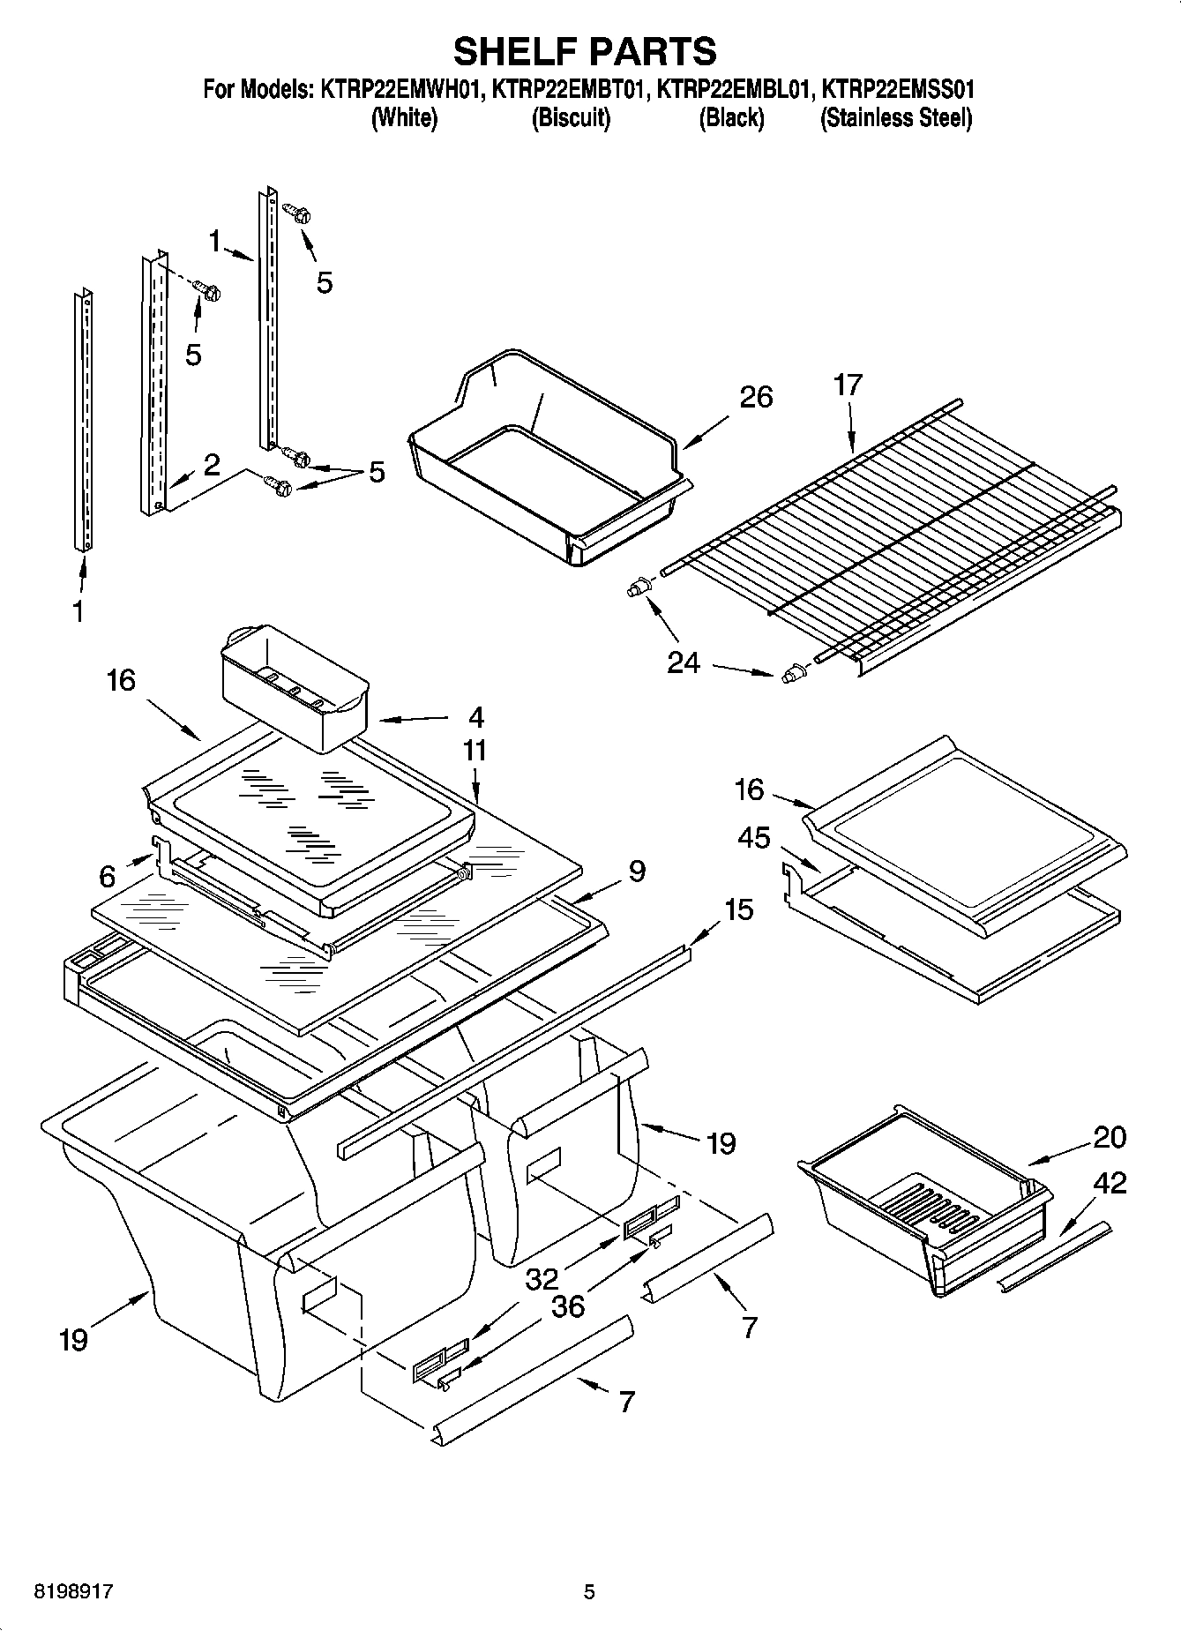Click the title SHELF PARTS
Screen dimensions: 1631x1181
[585, 51]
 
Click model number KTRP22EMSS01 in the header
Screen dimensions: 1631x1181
[897, 89]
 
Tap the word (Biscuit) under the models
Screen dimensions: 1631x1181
[571, 118]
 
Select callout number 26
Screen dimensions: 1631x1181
[756, 397]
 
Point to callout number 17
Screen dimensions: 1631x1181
[848, 385]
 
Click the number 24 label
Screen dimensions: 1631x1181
[683, 661]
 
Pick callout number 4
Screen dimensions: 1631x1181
[476, 716]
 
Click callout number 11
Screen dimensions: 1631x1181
[475, 751]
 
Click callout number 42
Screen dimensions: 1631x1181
[1110, 1182]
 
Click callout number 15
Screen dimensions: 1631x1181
[739, 909]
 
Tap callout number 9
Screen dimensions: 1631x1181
[637, 872]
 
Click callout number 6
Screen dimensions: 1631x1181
[108, 876]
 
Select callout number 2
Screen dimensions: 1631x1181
[212, 465]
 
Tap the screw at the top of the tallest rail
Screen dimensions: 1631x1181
[296, 211]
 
